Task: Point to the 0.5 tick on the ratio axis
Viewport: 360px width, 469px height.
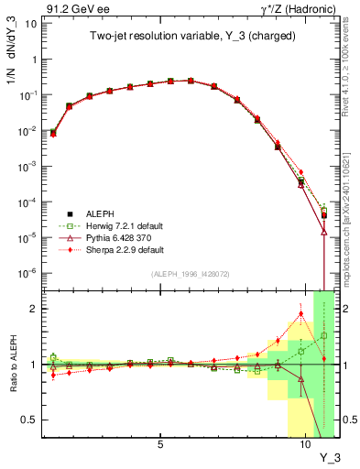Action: (x=29, y=420)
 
